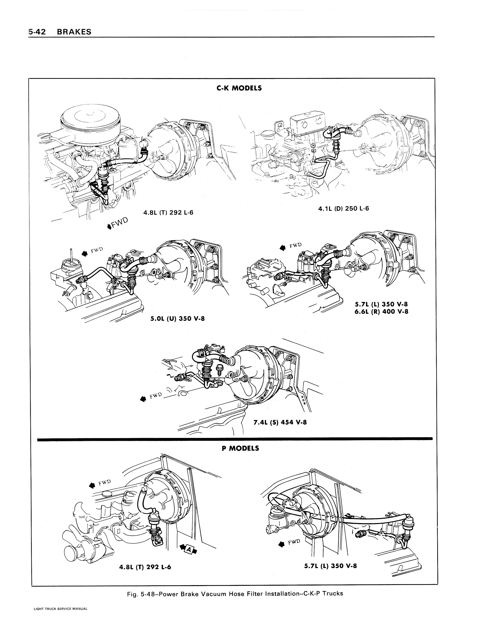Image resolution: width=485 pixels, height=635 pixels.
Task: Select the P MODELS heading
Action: [241, 448]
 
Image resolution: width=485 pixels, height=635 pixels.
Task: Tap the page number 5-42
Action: [38, 32]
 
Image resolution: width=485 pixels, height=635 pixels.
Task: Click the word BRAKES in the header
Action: [74, 32]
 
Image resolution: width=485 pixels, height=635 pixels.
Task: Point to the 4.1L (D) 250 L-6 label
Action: [344, 208]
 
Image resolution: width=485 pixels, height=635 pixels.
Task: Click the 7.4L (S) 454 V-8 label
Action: [280, 422]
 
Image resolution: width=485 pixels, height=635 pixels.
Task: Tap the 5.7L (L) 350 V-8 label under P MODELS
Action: [331, 566]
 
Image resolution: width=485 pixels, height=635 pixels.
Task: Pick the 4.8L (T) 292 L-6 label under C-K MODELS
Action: [168, 213]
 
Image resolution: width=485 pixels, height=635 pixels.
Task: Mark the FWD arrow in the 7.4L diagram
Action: [143, 399]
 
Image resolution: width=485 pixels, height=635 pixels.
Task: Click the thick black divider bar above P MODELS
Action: [235, 439]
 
